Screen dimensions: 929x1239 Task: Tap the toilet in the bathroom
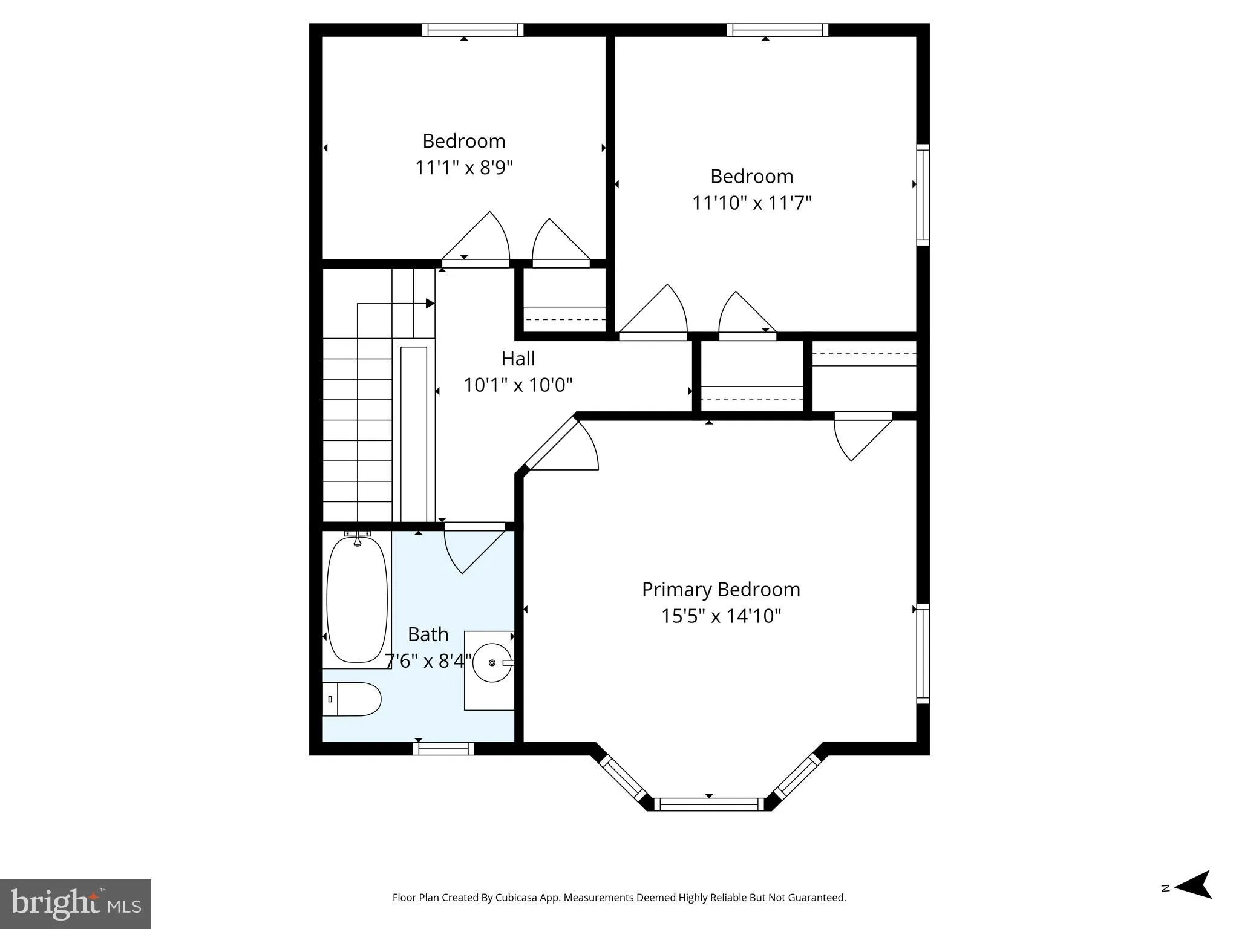point(353,699)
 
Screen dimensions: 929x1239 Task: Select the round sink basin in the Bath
point(492,663)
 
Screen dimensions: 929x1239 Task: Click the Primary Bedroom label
point(721,589)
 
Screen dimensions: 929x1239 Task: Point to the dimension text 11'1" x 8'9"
point(464,168)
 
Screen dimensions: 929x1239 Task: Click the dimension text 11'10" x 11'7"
point(751,203)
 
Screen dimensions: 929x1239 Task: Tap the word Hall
point(518,359)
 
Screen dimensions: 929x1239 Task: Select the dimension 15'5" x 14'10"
point(721,616)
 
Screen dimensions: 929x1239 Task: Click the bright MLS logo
point(76,904)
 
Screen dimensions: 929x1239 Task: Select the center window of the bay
point(709,804)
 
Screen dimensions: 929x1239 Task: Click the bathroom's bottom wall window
point(443,749)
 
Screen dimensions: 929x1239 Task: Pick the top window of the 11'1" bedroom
point(472,30)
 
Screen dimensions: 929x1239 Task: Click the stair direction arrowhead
point(430,304)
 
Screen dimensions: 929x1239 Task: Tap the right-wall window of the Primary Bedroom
point(923,653)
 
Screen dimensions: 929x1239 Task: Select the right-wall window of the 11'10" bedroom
point(923,195)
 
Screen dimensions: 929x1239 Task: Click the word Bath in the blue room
point(428,634)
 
